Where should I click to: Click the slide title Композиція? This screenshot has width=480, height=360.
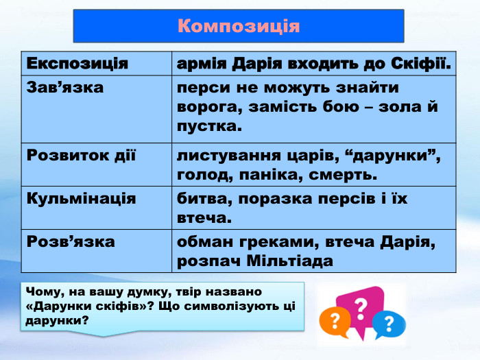[239, 26]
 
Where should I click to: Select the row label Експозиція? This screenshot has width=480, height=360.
[77, 64]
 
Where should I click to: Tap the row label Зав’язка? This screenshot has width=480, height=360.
[65, 88]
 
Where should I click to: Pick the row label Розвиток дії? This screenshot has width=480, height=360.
[82, 155]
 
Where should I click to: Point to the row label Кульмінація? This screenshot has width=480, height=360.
[81, 198]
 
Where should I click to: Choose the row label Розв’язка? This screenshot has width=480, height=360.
[71, 241]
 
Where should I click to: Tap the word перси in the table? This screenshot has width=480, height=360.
[200, 88]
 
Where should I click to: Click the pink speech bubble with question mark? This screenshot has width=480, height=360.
[359, 307]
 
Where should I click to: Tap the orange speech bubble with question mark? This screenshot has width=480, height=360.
[334, 320]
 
